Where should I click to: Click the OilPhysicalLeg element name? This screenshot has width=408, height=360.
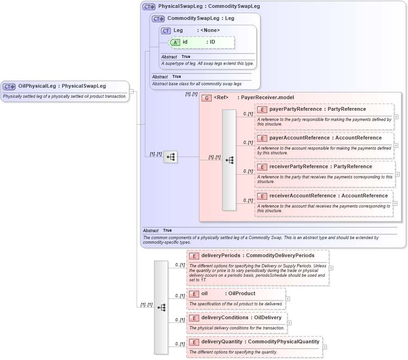(x=37, y=86)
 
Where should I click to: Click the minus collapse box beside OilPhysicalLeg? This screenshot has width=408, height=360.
(x=132, y=91)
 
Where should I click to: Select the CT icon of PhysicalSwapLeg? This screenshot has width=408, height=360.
(x=149, y=7)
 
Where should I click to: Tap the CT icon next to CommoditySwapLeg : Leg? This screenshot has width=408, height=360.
(x=158, y=19)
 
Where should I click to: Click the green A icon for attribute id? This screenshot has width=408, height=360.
(x=176, y=42)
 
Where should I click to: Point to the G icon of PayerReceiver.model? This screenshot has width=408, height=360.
(x=207, y=98)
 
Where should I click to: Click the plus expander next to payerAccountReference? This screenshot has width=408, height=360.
(x=396, y=145)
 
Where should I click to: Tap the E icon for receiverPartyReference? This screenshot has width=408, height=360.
(x=262, y=167)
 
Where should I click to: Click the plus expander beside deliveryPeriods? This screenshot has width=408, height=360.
(x=331, y=268)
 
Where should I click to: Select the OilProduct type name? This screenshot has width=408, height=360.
(x=242, y=294)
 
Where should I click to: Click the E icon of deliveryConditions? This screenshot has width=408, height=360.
(x=194, y=318)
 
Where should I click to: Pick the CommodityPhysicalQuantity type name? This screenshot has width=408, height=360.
(x=283, y=342)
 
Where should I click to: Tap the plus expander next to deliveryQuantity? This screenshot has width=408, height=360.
(x=325, y=347)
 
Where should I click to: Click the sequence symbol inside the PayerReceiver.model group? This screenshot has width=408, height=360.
(x=229, y=160)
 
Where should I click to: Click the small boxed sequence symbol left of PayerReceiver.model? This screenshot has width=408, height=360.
(x=170, y=157)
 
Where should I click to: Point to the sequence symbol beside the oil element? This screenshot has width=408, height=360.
(x=161, y=307)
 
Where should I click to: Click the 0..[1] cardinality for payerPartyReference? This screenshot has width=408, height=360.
(x=248, y=114)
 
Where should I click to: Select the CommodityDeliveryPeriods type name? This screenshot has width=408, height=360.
(x=280, y=256)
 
